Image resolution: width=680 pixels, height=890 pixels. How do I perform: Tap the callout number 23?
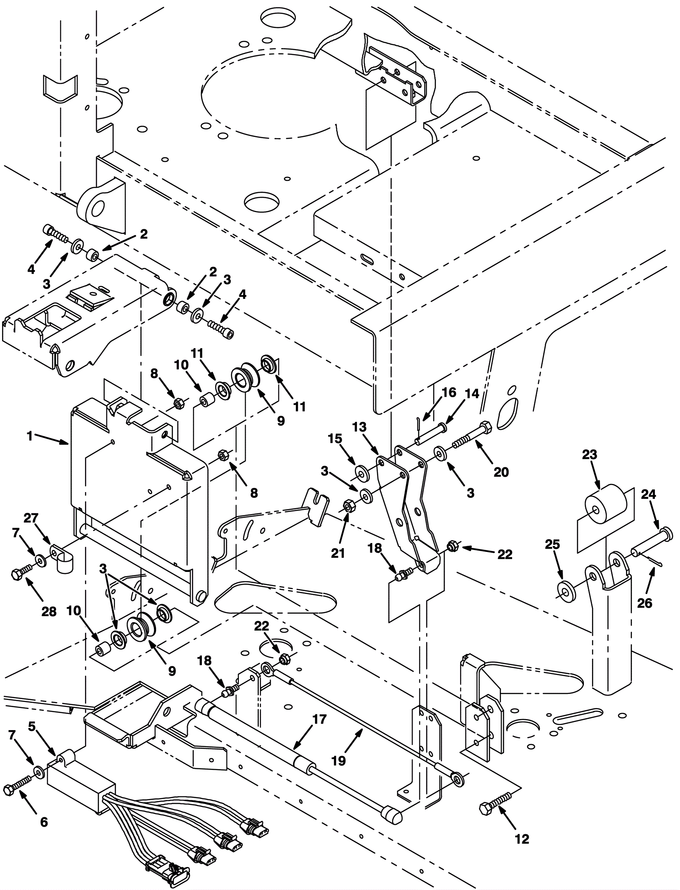tap(589, 455)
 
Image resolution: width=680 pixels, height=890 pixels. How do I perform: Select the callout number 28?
tap(49, 611)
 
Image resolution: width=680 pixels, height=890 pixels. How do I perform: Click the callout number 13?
tap(360, 427)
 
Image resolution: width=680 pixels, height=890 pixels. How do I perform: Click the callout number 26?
tap(645, 603)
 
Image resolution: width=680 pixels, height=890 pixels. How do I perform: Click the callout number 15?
tap(335, 438)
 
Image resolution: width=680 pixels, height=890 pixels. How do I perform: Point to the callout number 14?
tap(472, 393)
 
